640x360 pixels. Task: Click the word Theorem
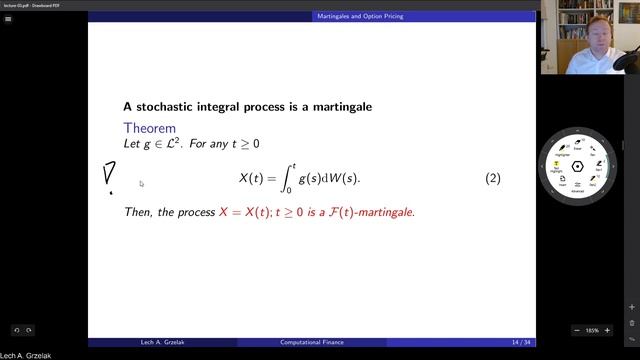click(x=149, y=128)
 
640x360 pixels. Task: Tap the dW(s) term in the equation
click(x=339, y=178)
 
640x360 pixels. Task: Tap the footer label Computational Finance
click(x=311, y=342)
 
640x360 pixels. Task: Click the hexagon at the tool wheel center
click(x=578, y=166)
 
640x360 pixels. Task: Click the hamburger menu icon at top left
click(x=9, y=17)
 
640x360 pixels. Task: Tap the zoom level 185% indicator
click(x=592, y=330)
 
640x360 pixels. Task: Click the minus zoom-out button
click(x=577, y=330)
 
